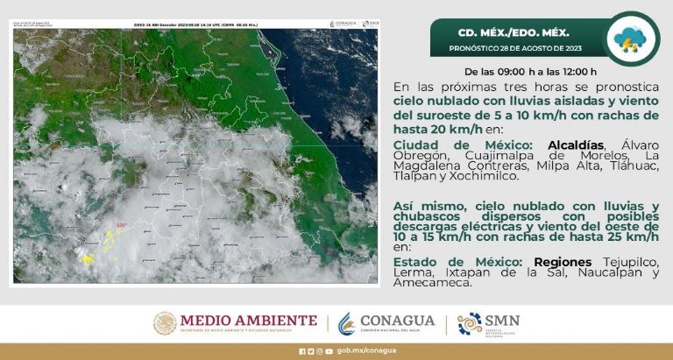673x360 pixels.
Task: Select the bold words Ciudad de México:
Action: [466, 145]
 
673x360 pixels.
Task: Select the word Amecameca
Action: [432, 283]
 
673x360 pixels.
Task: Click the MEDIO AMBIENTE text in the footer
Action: [249, 321]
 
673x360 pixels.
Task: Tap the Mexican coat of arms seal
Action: [165, 323]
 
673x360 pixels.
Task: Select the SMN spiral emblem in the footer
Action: [470, 323]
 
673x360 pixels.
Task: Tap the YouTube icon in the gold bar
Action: [329, 351]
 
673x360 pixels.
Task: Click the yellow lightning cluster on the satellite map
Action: [87, 258]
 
